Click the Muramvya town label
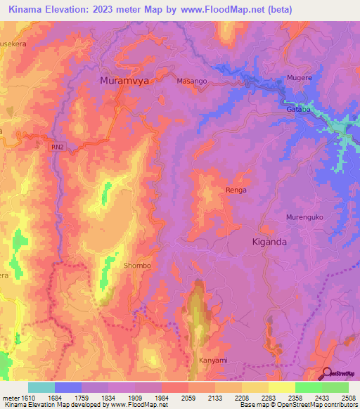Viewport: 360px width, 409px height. pyautogui.click(x=127, y=80)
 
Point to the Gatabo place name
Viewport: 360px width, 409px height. pyautogui.click(x=299, y=110)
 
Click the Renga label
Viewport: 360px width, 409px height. pyautogui.click(x=236, y=190)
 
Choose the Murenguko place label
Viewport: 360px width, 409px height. pyautogui.click(x=304, y=217)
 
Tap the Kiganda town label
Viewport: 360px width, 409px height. pyautogui.click(x=274, y=241)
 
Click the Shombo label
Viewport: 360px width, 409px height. pyautogui.click(x=137, y=266)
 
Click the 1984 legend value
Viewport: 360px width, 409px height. pyautogui.click(x=161, y=398)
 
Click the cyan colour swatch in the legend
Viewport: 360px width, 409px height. pyautogui.click(x=41, y=387)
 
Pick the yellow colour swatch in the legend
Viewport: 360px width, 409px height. pyautogui.click(x=281, y=387)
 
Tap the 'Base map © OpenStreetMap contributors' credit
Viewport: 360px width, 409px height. pyautogui.click(x=298, y=405)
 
